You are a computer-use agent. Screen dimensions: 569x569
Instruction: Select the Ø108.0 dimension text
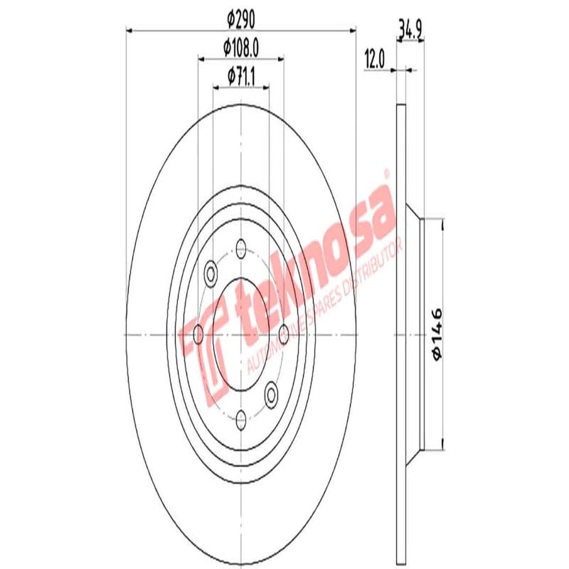coord(240,48)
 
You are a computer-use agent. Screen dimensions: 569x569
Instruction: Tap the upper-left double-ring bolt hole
coord(211,272)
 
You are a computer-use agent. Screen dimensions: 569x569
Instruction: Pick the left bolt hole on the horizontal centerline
coord(198,334)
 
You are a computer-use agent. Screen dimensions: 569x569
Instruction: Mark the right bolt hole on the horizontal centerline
coord(284,334)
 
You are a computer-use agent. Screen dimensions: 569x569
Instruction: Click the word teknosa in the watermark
coord(313,263)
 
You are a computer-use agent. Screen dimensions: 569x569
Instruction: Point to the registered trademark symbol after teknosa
coord(386,173)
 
